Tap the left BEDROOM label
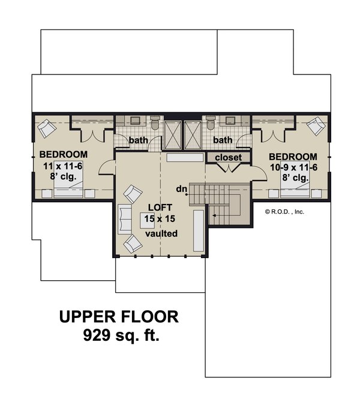[64, 154]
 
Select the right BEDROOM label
[293, 157]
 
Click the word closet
[228, 157]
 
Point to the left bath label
[138, 140]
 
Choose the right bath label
[223, 140]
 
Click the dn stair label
[182, 189]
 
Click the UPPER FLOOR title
[119, 317]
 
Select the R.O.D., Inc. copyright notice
[284, 212]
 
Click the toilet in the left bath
[155, 122]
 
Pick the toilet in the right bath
[211, 122]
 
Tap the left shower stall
[173, 135]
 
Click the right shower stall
[193, 135]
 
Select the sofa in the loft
[125, 219]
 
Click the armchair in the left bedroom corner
[47, 128]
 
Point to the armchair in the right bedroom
[316, 126]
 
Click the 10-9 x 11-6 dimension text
[294, 167]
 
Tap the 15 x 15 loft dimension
[160, 218]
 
